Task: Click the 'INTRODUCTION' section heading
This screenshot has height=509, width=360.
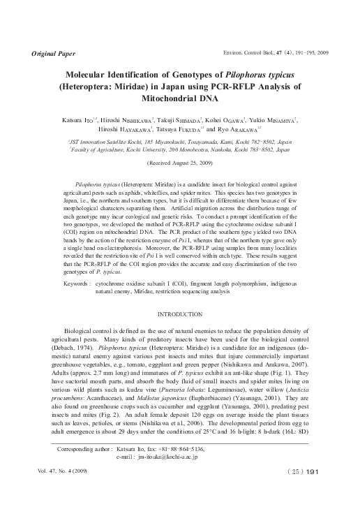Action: [180, 315]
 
